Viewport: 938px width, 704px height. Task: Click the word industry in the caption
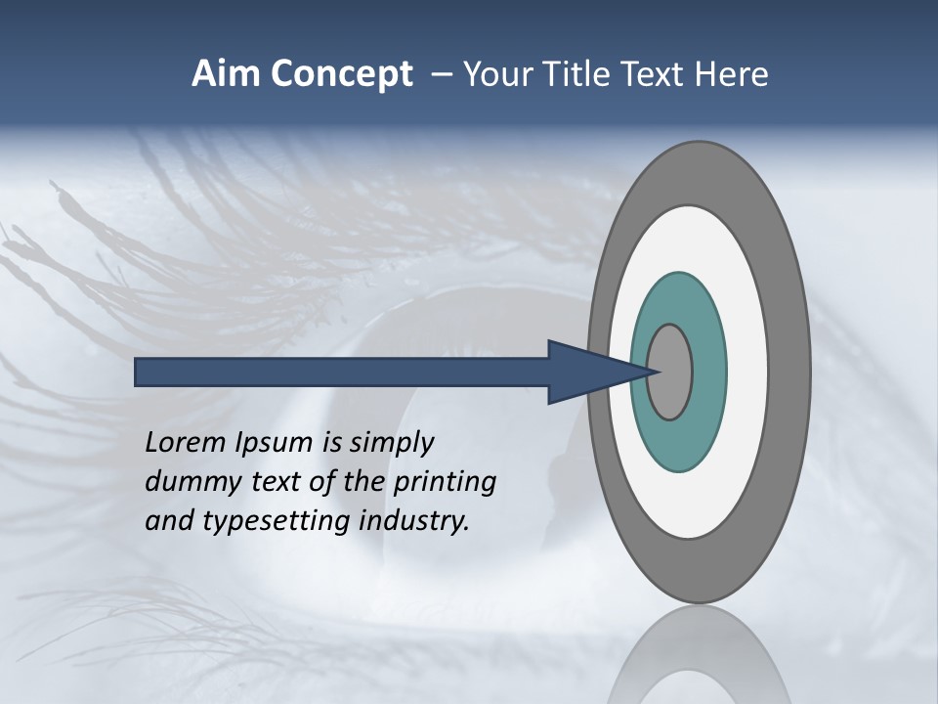414,521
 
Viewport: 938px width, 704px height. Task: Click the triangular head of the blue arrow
586,373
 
